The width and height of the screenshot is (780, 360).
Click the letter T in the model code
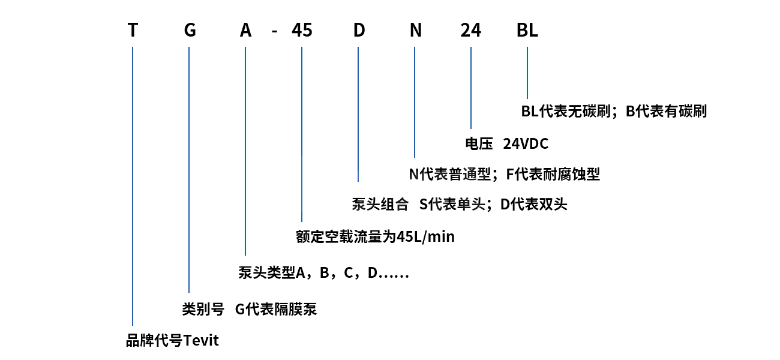tap(133, 30)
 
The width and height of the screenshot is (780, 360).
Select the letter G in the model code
tap(190, 30)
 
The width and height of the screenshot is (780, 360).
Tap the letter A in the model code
tap(245, 30)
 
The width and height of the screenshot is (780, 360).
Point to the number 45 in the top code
tap(302, 30)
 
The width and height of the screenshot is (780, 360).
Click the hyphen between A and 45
tap(274, 32)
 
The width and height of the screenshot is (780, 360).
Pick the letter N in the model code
tap(415, 30)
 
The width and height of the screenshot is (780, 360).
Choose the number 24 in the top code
tap(471, 30)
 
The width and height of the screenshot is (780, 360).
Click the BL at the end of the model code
tap(527, 30)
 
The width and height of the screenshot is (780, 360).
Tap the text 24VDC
tap(526, 143)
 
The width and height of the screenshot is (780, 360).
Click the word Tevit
tap(201, 341)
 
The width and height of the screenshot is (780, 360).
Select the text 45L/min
tap(425, 237)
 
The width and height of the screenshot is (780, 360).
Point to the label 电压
tap(479, 143)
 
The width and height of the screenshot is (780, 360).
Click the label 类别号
tap(203, 309)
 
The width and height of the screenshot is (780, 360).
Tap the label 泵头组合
tap(380, 205)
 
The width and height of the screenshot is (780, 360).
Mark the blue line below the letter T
tap(133, 186)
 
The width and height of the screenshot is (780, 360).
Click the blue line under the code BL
tap(527, 73)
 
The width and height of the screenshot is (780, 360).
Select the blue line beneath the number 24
tap(471, 88)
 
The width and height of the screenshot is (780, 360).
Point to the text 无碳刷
tap(589, 112)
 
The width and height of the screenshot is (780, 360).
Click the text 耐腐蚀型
tap(571, 174)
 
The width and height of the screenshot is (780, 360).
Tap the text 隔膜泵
tap(296, 309)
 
